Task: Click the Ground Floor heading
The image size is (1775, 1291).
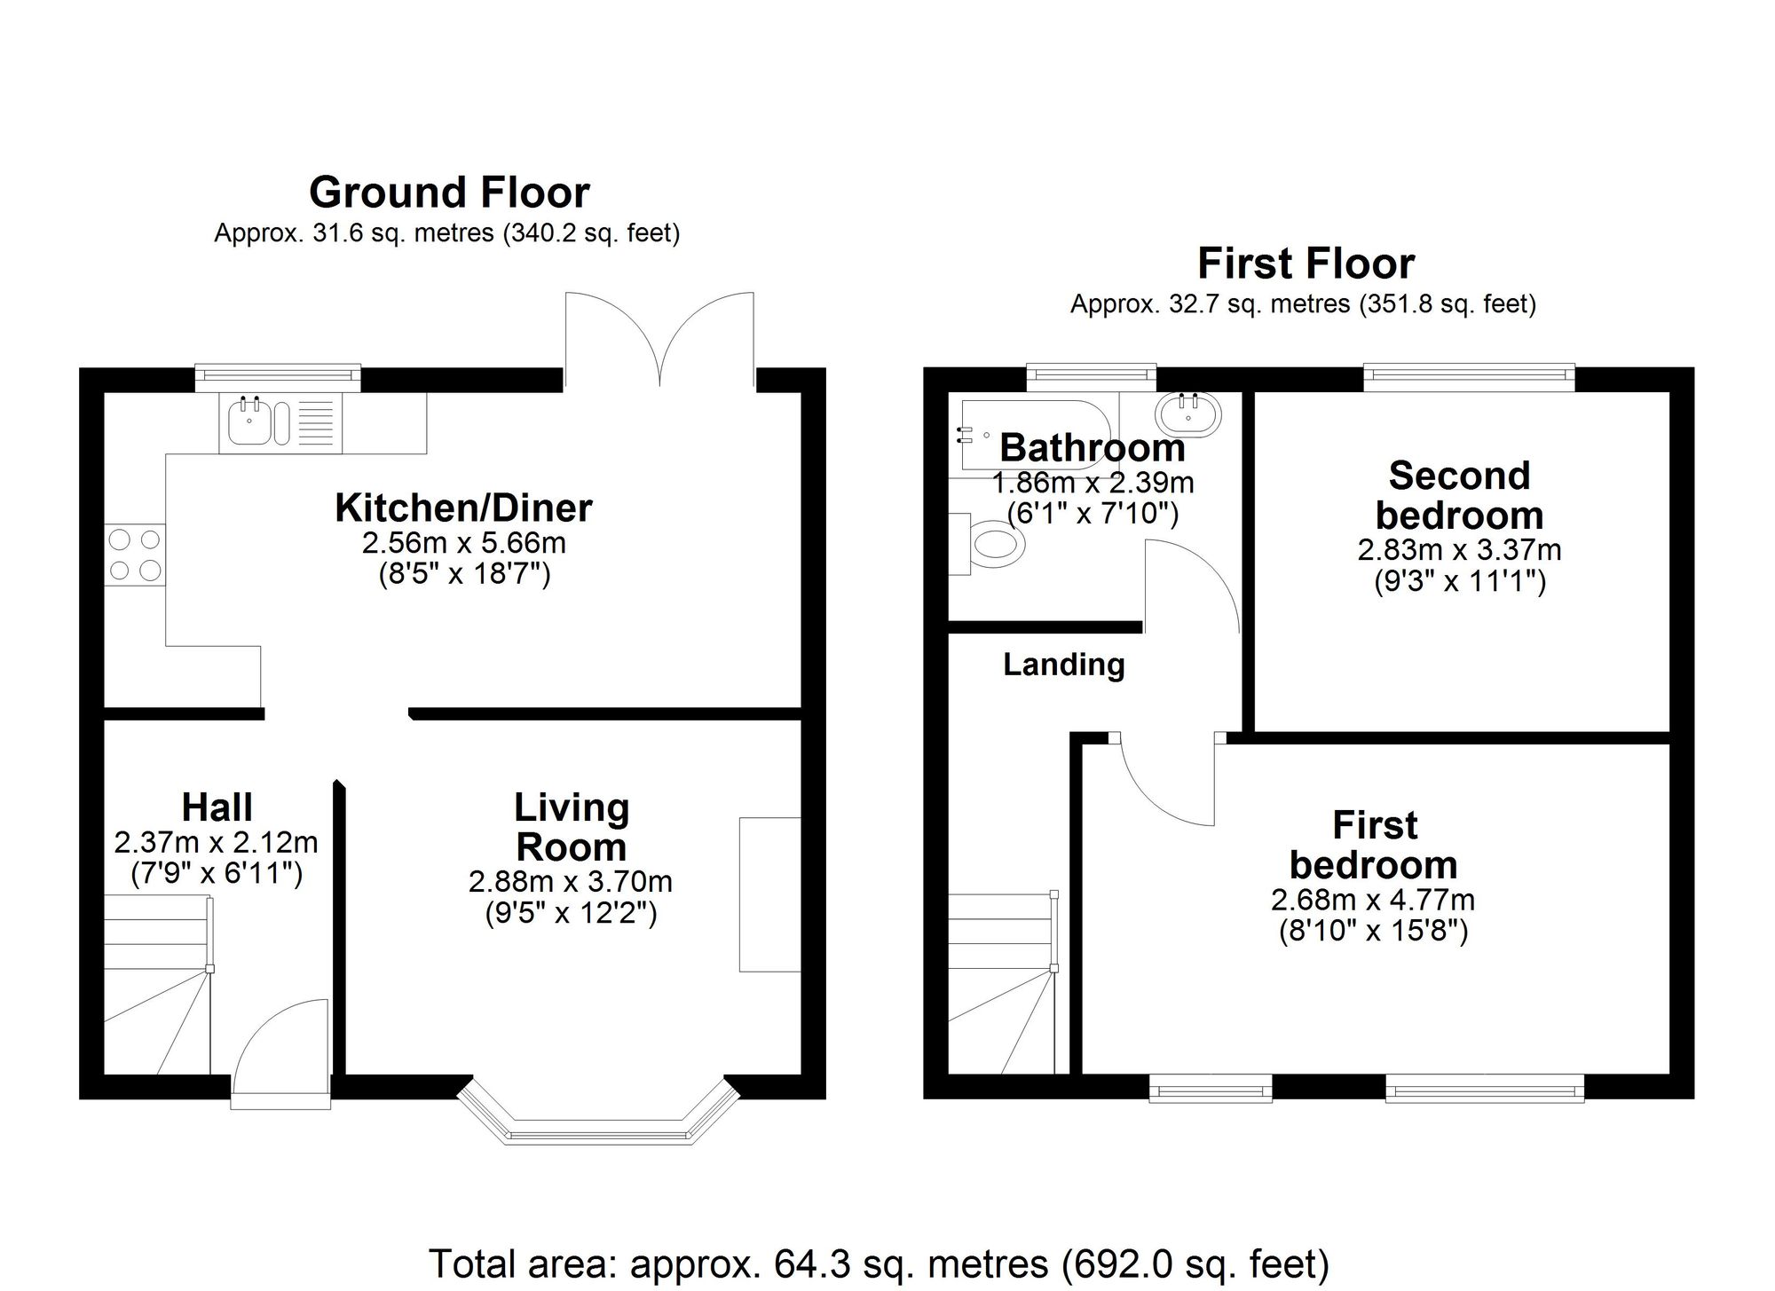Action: (449, 193)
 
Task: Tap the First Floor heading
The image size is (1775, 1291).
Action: (1306, 264)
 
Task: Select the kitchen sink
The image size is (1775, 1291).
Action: (250, 423)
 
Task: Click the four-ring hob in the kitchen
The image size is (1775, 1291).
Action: (135, 555)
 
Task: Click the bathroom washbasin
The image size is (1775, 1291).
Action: (1187, 413)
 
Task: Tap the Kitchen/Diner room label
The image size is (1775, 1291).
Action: (463, 508)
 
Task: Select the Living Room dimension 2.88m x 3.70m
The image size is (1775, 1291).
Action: (570, 882)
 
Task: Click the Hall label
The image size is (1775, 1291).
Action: (217, 807)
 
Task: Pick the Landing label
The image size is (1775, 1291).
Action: (1063, 665)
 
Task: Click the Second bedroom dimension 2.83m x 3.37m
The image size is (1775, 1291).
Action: (1459, 550)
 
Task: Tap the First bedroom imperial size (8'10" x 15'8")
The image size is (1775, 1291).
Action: (1373, 931)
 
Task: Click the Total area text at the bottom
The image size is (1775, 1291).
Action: (879, 1263)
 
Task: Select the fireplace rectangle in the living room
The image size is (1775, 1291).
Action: (769, 894)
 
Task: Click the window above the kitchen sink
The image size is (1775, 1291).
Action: (278, 377)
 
